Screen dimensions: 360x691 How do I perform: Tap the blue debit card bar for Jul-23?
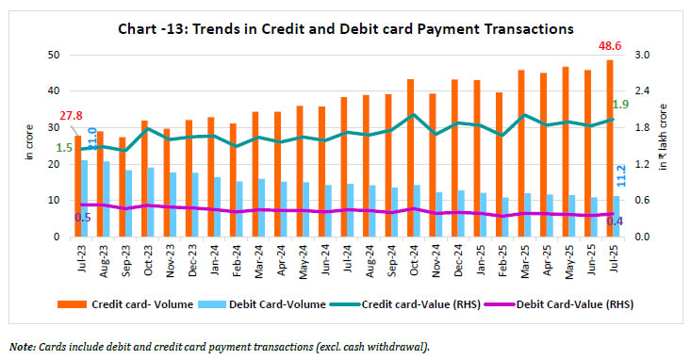tap(85, 199)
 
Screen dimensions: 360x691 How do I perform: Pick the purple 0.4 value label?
tap(614, 221)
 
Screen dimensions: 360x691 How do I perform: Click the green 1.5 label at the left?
tap(64, 148)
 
